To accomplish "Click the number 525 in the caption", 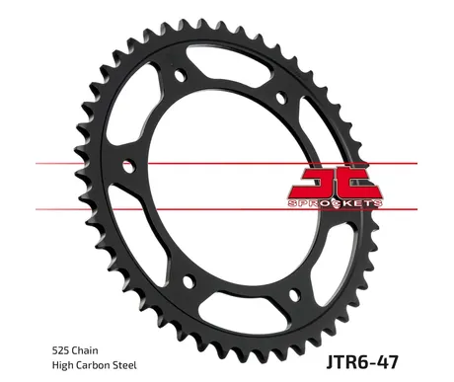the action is coord(60,350).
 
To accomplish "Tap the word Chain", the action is coord(85,350).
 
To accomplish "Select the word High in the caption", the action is coord(61,365).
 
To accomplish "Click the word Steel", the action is coord(124,365).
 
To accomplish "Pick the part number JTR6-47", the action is coord(362,362).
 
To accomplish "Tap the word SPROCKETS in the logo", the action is coord(335,203).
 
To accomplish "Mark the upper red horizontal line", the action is coord(226,163).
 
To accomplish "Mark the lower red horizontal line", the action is coord(226,209).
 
